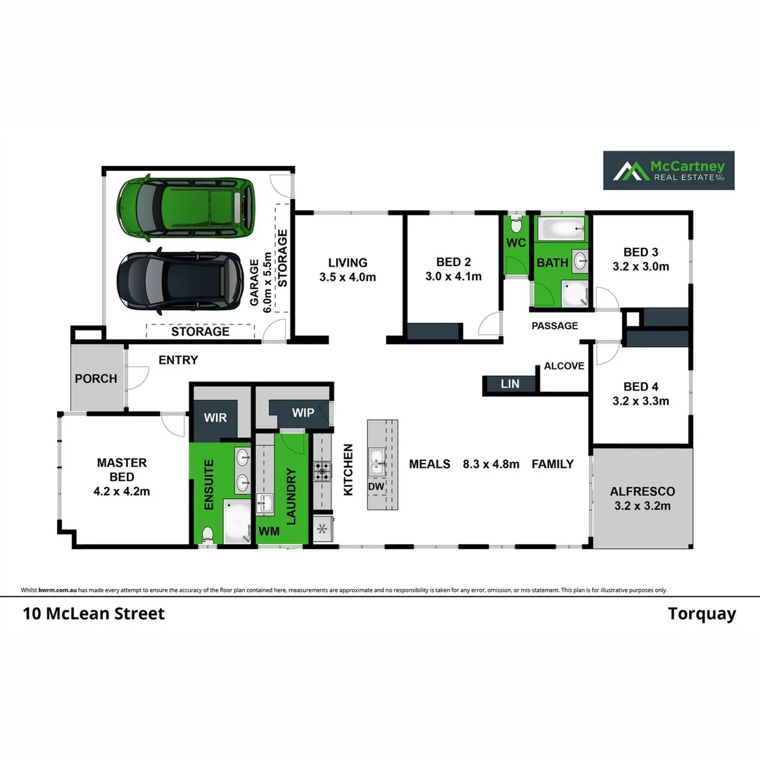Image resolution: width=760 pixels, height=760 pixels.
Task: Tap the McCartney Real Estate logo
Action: coord(669,170)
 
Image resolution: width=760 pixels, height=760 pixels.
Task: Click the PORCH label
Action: coord(96,379)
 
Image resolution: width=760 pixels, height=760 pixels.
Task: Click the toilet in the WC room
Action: coord(516,224)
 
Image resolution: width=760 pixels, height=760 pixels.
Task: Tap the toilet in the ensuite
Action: coord(208,535)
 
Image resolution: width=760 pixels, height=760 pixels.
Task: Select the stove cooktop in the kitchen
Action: coord(322,471)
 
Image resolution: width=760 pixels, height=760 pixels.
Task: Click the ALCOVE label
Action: coord(564,366)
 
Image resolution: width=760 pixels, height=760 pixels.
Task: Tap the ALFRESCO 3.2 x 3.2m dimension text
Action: coord(642,506)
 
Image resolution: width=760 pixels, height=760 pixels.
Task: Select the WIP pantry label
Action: coord(303,413)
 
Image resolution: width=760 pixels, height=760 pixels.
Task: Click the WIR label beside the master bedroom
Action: coord(215,418)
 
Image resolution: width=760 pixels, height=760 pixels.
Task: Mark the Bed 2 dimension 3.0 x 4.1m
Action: coord(453,277)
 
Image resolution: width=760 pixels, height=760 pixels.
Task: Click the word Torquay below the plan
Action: coord(702,614)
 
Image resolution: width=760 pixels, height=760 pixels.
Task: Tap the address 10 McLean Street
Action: coord(94,614)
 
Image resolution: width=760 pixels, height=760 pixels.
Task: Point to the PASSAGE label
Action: coord(555,326)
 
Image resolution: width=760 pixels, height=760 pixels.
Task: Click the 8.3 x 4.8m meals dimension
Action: coord(490,464)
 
